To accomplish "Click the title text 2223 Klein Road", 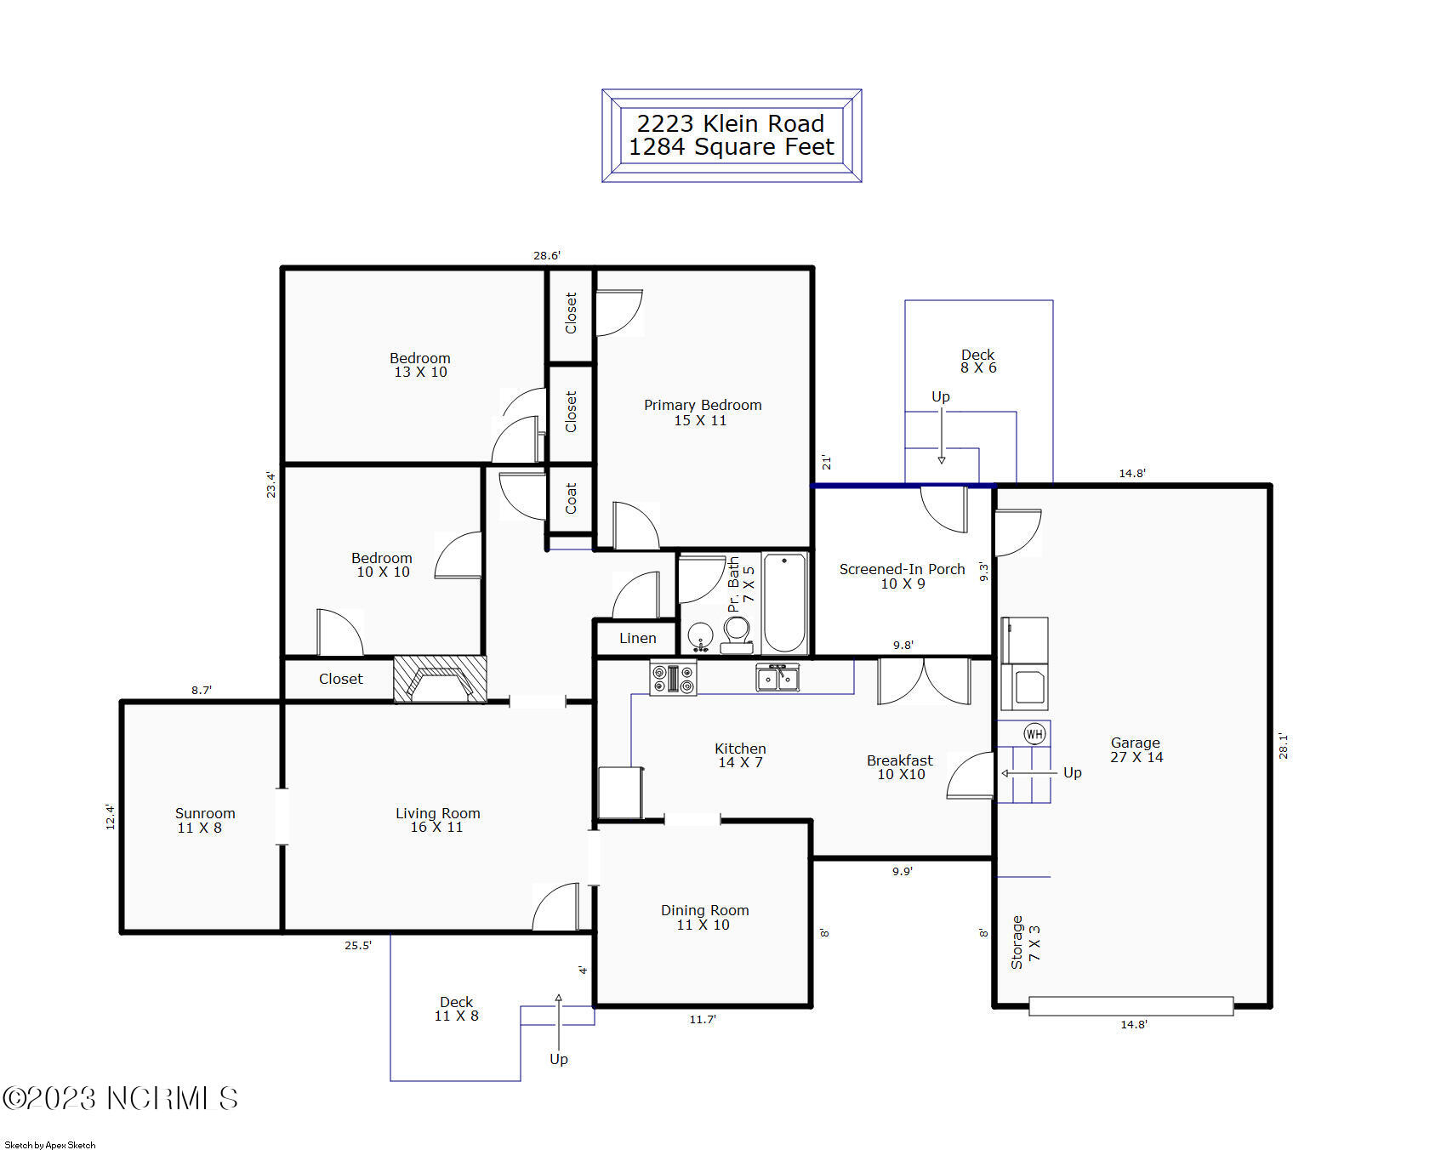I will pos(730,123).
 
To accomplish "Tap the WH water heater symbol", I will pos(1034,734).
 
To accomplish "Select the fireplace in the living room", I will pos(440,680).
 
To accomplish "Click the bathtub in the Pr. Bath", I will pos(784,601).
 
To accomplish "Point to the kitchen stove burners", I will pos(673,678).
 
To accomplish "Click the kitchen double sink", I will pos(777,679).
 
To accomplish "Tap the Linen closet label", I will pos(637,638).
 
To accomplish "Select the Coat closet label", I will pos(571,498).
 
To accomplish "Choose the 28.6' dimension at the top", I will pos(546,255).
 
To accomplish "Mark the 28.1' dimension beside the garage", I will pos(1283,745).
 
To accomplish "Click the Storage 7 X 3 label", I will pos(1025,942).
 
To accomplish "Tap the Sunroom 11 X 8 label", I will pos(204,820).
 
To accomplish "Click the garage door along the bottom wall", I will pos(1131,1006).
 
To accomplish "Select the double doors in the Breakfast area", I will pos(924,682).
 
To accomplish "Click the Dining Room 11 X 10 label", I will pos(704,917).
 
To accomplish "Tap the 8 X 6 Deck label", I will pos(977,361).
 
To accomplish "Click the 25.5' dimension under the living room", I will pos(357,945).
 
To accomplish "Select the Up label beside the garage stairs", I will pos(1072,772).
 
